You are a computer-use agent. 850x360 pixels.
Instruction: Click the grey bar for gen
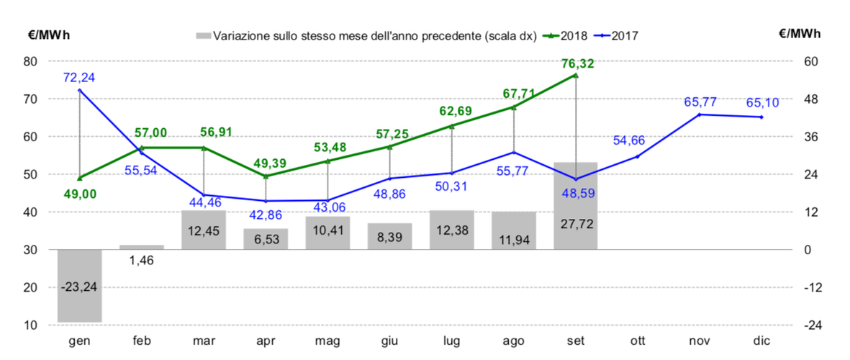click(80, 286)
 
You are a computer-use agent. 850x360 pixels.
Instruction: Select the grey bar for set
click(575, 206)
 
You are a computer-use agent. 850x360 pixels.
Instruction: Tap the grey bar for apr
click(266, 239)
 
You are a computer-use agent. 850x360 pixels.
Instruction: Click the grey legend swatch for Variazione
click(203, 35)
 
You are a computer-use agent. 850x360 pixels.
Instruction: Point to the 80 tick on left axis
click(31, 61)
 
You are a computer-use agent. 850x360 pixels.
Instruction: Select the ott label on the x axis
click(637, 341)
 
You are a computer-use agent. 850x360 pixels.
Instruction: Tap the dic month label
click(761, 341)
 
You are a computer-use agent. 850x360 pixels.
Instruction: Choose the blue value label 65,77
click(699, 102)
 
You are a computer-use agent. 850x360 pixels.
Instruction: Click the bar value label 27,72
click(575, 225)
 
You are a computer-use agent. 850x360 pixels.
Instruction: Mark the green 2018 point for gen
click(80, 178)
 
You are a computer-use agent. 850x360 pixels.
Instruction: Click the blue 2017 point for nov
click(699, 114)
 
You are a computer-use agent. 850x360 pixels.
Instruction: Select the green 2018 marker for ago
click(513, 107)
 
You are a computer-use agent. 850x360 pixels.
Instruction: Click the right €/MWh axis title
click(799, 33)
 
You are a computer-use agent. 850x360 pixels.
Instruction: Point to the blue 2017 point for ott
click(637, 156)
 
